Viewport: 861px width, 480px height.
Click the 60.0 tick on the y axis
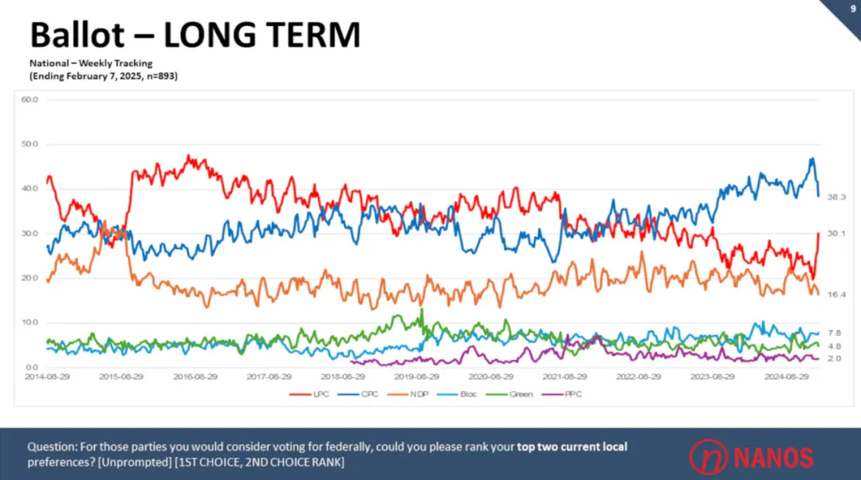point(29,100)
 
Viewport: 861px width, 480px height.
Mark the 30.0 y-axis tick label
point(29,233)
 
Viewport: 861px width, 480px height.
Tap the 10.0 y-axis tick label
point(29,322)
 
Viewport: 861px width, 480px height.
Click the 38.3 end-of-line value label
point(836,197)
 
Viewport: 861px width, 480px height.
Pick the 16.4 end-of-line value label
point(836,295)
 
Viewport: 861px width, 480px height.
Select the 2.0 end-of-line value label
point(834,359)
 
